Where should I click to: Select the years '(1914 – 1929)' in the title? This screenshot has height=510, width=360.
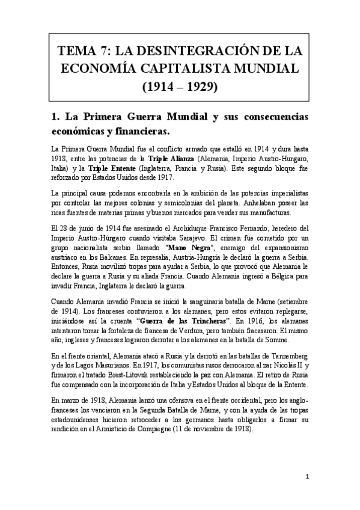tap(180, 88)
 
